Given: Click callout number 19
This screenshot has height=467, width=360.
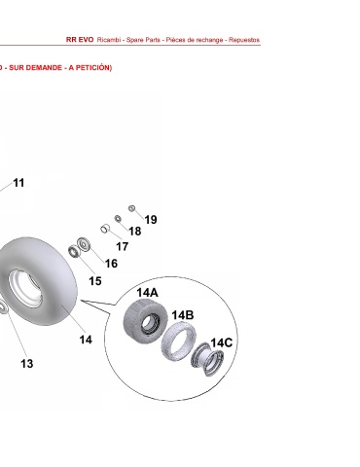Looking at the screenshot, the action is (151, 220).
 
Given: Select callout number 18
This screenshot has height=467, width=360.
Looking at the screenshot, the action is (135, 232).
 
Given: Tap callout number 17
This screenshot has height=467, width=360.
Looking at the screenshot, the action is (123, 247).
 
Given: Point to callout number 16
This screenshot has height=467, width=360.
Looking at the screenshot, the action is (111, 264).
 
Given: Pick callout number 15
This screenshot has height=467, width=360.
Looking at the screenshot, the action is (95, 281).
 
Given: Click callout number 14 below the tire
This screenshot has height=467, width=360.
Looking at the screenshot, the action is (86, 340).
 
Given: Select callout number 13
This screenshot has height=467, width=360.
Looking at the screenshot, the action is (27, 364).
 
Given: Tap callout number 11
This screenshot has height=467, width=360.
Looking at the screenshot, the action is (18, 183).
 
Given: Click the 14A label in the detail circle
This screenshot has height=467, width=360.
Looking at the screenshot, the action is (147, 293).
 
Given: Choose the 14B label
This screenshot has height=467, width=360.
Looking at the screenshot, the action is (183, 315).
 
